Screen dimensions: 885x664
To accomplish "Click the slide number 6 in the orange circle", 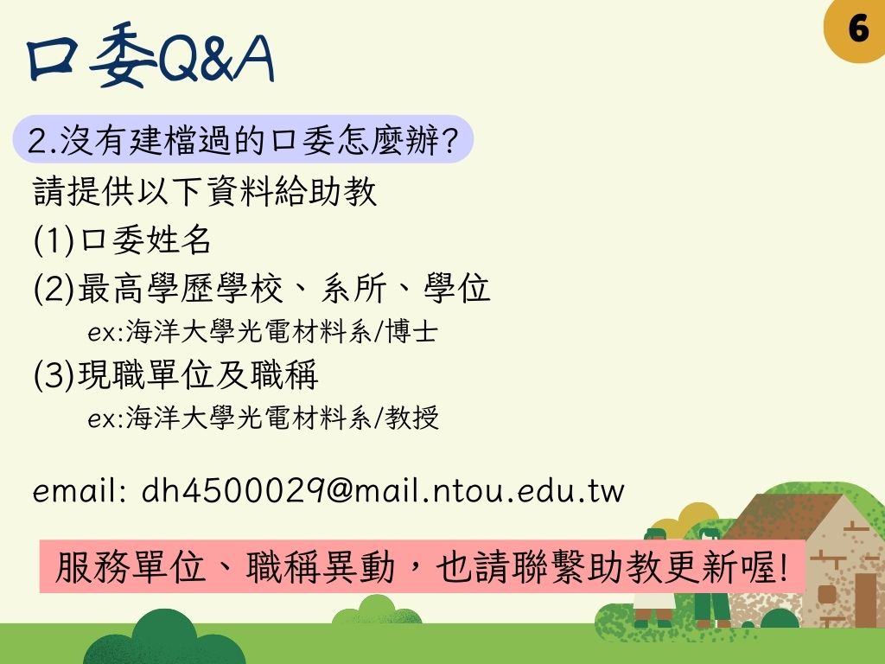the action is coord(858,28).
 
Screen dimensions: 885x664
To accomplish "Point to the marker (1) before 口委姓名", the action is coord(54,240).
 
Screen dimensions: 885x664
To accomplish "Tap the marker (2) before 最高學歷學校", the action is coord(54,288).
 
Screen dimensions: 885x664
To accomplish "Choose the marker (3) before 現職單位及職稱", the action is coord(54,375).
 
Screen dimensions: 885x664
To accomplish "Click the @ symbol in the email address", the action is coord(339,490).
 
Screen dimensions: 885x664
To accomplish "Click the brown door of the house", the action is coord(865,600).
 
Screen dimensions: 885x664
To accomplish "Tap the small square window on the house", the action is coord(826,595).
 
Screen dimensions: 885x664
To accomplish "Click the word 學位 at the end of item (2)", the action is coord(457,288).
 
